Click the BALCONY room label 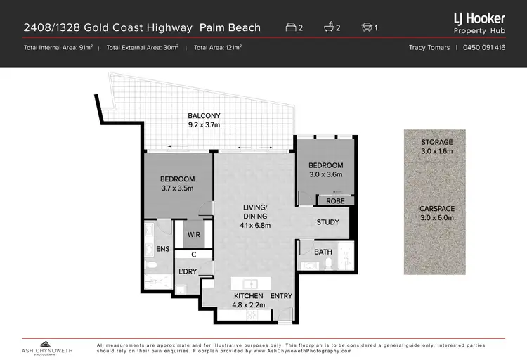click(x=204, y=115)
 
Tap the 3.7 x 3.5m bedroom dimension click(x=176, y=188)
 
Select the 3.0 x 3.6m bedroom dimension click(x=325, y=176)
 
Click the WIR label click(x=195, y=236)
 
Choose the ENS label click(x=163, y=248)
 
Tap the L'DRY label click(x=187, y=271)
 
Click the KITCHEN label click(x=249, y=296)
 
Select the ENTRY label click(x=281, y=296)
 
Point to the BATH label click(x=323, y=251)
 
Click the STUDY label click(x=327, y=222)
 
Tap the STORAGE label click(x=437, y=142)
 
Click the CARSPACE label click(x=437, y=209)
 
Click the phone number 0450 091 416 click(x=484, y=48)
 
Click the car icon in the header click(x=366, y=28)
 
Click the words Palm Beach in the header click(x=230, y=28)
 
